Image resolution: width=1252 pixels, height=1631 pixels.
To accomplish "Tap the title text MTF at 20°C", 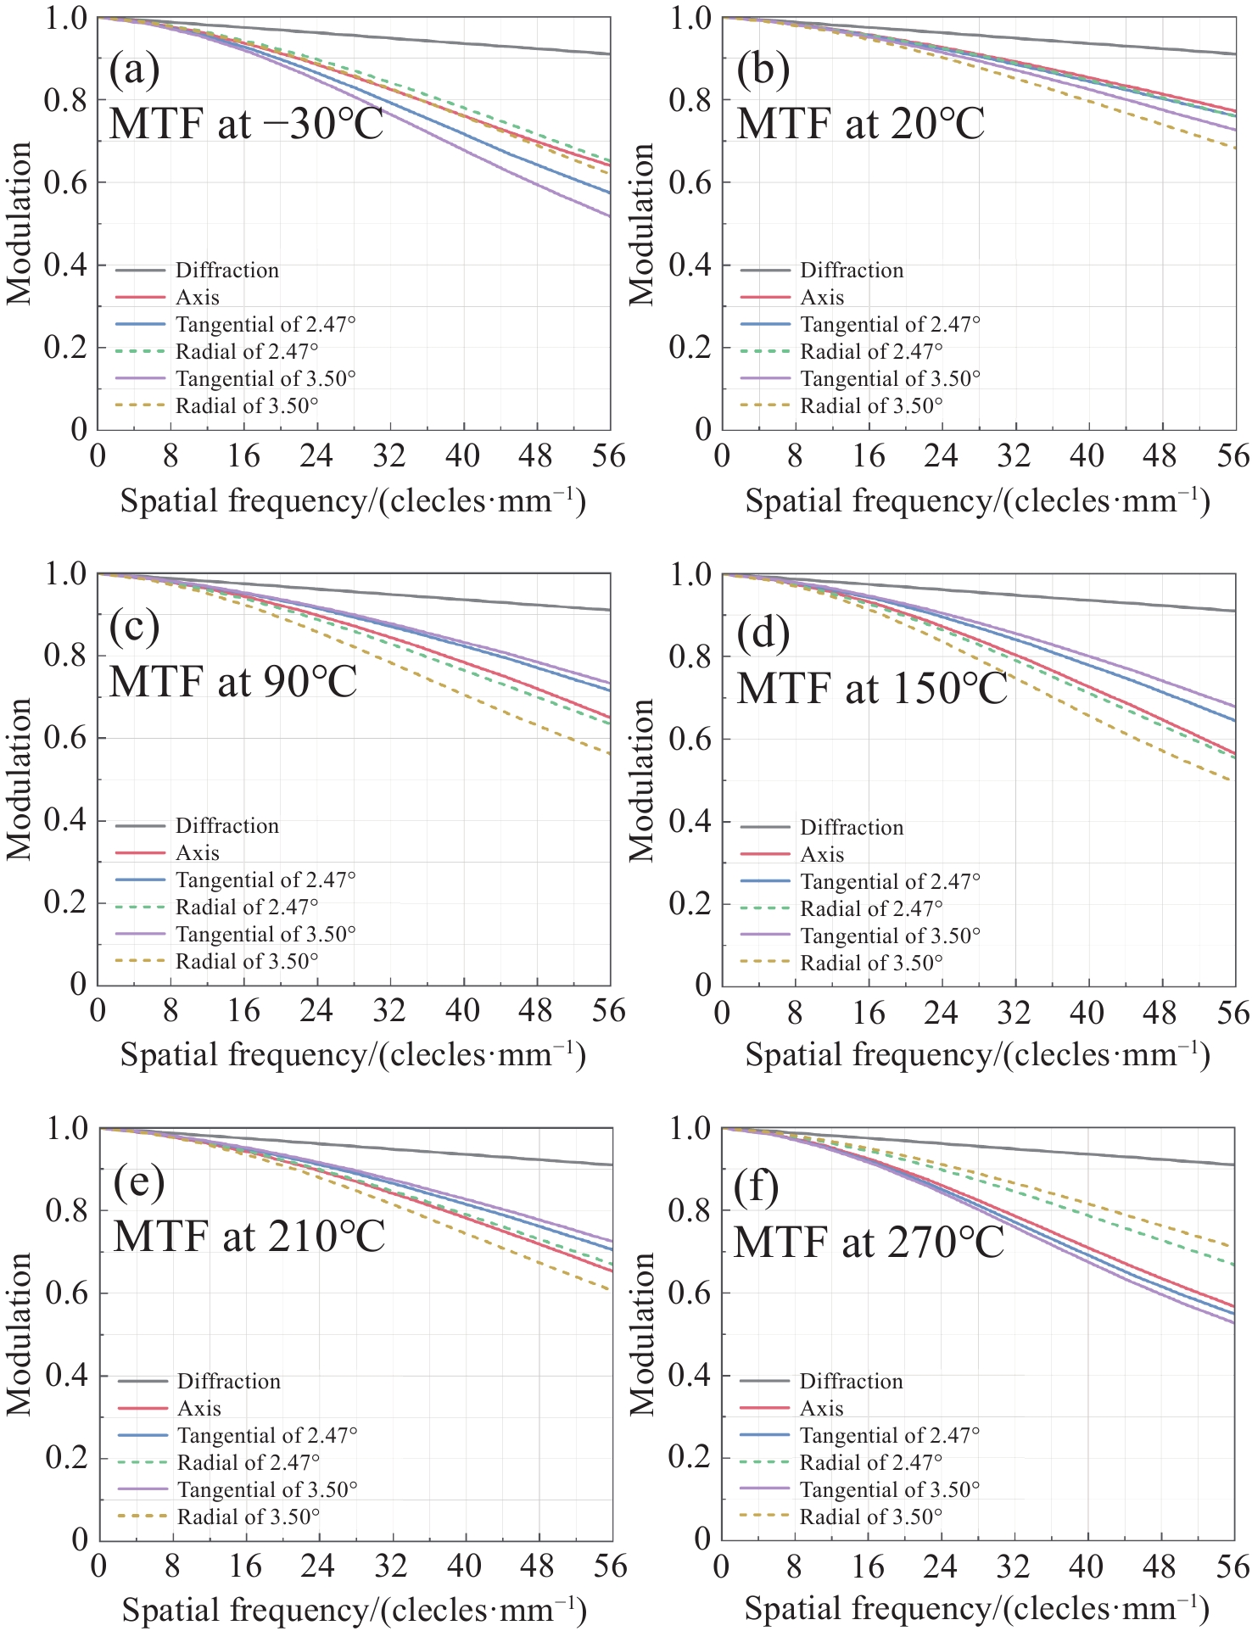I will click(860, 123).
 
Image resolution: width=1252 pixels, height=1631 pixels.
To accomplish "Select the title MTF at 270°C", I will click(868, 1242).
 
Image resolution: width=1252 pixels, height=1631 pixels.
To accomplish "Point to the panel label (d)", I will click(763, 632).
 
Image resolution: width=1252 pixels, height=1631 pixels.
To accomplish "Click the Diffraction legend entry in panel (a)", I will click(226, 271).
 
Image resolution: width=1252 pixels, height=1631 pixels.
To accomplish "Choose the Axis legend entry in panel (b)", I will click(822, 298).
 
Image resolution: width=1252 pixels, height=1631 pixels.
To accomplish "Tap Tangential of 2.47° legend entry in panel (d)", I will click(890, 882).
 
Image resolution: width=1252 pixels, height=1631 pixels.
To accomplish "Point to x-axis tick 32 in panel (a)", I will click(389, 457).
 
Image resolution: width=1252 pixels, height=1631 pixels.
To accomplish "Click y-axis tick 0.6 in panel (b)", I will click(690, 183).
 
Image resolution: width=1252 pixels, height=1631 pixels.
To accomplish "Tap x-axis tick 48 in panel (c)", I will click(536, 1012).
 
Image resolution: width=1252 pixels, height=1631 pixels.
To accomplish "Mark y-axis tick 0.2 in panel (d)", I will click(690, 904).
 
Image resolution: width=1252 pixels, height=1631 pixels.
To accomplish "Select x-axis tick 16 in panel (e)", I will click(245, 1566).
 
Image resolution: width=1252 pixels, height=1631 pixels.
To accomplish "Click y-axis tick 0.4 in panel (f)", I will click(690, 1375).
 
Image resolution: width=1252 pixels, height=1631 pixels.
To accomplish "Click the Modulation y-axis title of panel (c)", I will click(19, 779).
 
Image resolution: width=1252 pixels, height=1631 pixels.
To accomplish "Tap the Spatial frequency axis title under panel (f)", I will click(976, 1608).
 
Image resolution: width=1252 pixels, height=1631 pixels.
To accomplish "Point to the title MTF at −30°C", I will click(246, 123).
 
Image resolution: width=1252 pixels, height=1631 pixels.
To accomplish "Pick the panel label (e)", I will click(139, 1182).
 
